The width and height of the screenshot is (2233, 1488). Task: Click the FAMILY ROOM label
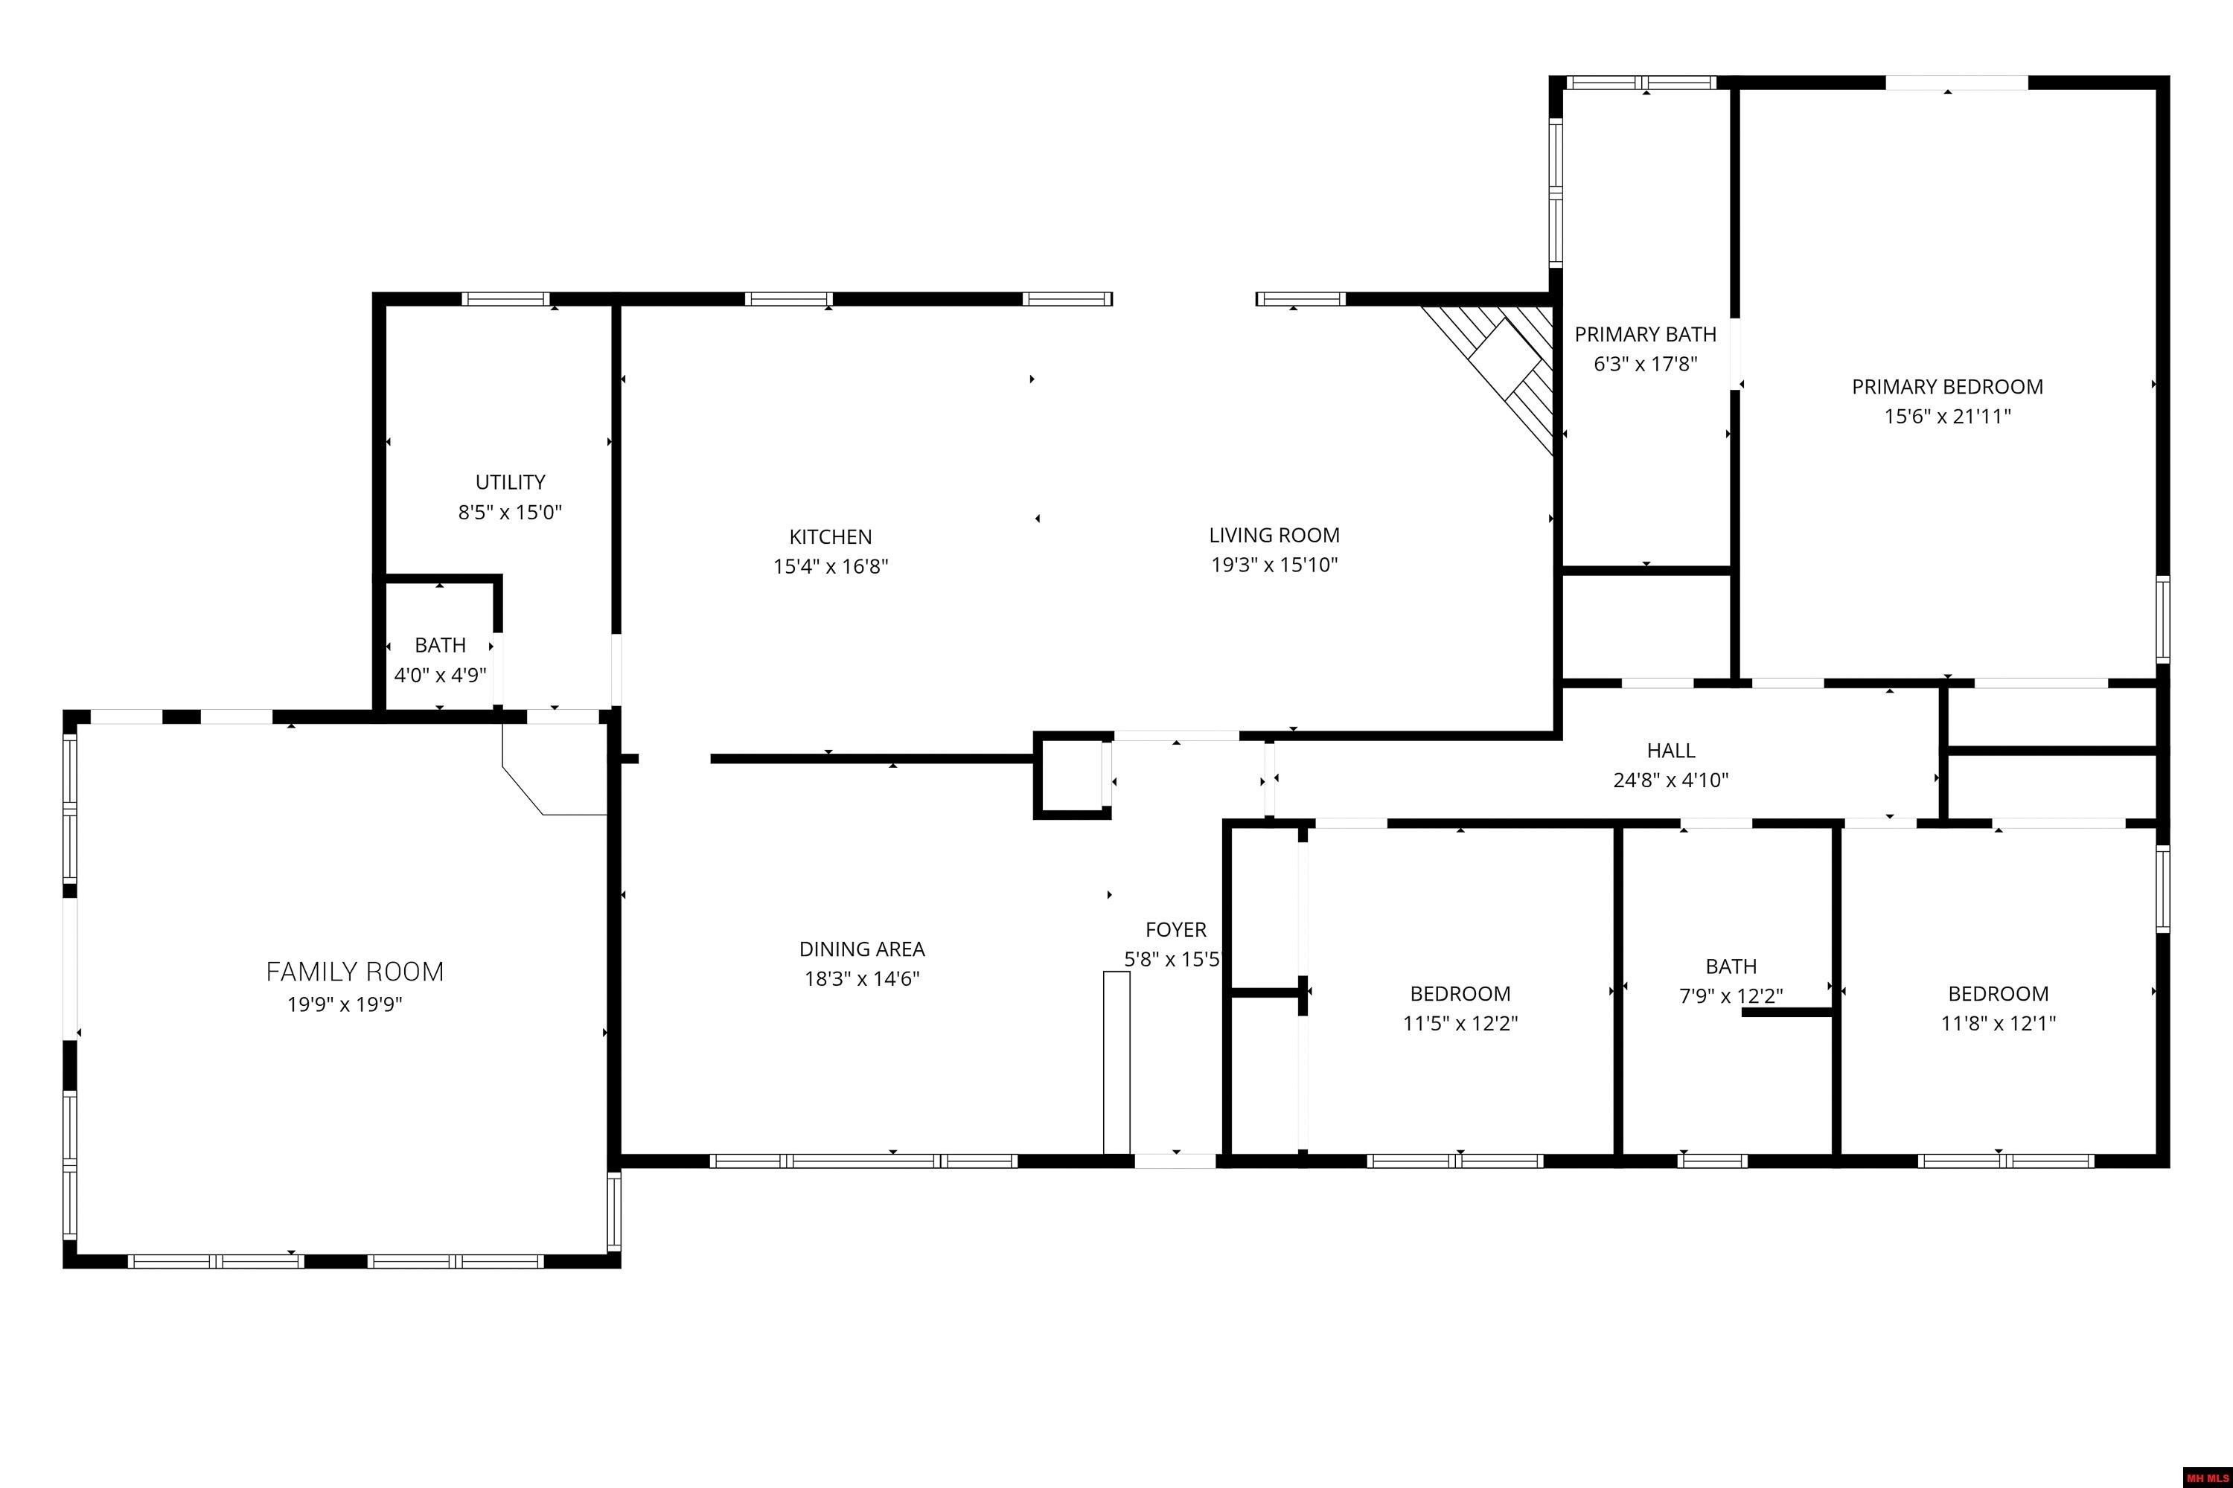[354, 972]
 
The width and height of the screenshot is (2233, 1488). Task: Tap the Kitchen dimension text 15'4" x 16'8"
[830, 566]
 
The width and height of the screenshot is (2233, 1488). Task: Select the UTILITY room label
[510, 482]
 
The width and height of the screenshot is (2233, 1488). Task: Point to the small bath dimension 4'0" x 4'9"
[440, 675]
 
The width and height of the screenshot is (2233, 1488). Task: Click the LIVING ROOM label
[1274, 535]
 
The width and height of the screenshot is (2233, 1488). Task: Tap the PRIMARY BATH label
[1644, 334]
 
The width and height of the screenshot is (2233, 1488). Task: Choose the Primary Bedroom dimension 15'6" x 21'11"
[1947, 416]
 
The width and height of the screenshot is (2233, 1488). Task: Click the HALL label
[1670, 751]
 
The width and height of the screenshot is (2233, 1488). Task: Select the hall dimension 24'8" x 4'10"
[1670, 780]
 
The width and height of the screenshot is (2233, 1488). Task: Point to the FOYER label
[1175, 930]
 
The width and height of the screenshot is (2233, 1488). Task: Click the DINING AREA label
[861, 949]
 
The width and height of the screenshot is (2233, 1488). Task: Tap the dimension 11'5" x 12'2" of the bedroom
[1460, 1023]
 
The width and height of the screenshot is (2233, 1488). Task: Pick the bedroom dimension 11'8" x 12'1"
[1998, 1023]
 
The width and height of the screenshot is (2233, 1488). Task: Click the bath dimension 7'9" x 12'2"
[1730, 995]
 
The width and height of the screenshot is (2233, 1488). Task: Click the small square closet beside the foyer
[1072, 775]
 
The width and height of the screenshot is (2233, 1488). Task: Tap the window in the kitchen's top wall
[788, 299]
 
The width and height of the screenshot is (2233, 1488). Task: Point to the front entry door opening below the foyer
[1175, 1160]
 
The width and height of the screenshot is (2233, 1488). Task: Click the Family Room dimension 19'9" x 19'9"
[345, 1004]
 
